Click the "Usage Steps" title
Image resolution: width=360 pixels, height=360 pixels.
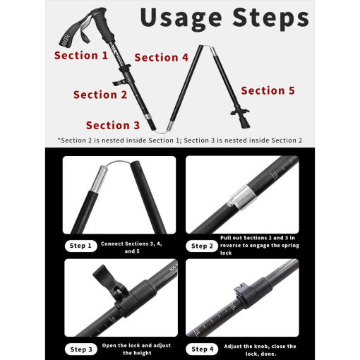(224, 19)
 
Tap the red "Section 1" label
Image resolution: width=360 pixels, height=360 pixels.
(81, 56)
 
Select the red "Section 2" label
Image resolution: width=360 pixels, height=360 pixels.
(100, 95)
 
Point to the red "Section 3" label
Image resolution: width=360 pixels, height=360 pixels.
(113, 125)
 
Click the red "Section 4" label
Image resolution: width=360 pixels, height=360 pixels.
(162, 57)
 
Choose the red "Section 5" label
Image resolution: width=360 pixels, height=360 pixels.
(268, 90)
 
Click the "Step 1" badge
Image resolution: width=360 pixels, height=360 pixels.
(80, 246)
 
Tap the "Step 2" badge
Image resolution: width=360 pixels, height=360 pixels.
(202, 246)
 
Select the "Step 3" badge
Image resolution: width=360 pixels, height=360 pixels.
(81, 349)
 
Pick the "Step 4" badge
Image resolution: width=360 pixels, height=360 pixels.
(202, 349)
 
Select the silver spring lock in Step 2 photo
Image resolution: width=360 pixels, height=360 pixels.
(242, 197)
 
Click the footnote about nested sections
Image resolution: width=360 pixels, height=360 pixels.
(180, 140)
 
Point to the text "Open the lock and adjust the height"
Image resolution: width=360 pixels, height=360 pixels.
(137, 349)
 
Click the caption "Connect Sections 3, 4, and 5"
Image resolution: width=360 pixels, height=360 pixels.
(132, 247)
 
